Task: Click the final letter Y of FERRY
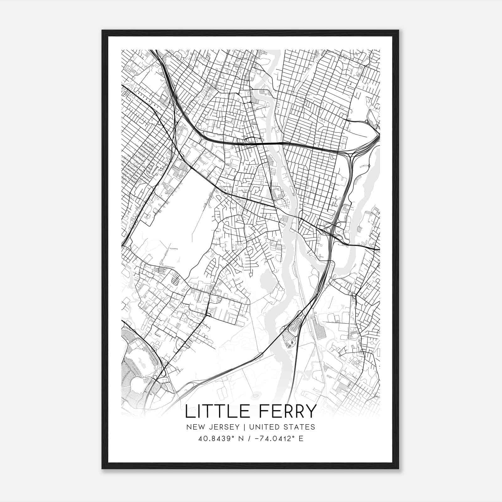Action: click(310, 412)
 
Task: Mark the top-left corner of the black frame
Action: click(102, 30)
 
